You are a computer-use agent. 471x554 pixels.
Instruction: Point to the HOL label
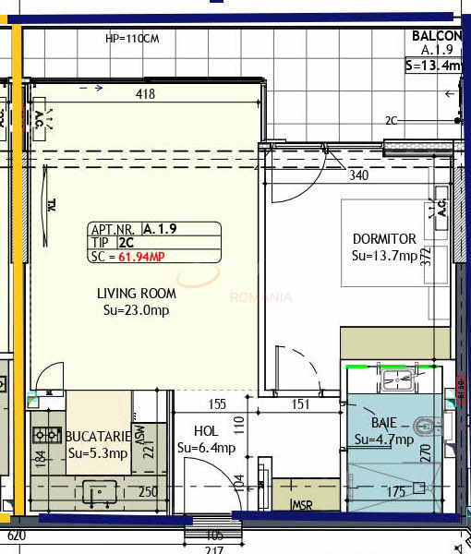206,431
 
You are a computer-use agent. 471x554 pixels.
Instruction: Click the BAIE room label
384,422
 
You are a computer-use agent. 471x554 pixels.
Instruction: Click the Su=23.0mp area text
138,311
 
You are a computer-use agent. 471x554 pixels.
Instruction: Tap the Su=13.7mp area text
384,256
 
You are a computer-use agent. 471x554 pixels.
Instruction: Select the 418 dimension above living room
145,94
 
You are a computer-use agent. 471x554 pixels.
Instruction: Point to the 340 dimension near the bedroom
359,175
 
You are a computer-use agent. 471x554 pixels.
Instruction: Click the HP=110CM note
132,39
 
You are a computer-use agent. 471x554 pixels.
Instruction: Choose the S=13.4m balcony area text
433,66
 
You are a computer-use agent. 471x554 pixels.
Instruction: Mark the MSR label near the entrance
302,505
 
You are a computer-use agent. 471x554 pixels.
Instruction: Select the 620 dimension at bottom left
16,536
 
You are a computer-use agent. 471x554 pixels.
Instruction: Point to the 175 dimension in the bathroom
395,491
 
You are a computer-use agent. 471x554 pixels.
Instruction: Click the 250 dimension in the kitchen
147,492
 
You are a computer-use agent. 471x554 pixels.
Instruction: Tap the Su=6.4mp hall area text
206,449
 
